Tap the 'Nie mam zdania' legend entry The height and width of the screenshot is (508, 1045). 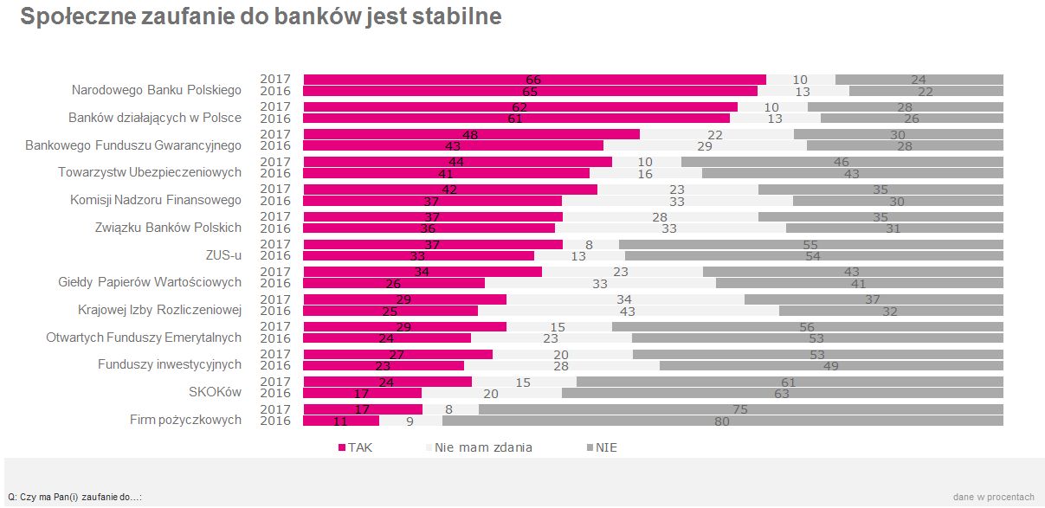(x=483, y=447)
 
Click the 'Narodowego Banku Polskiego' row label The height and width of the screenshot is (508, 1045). (x=156, y=90)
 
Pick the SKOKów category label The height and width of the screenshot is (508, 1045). (x=215, y=392)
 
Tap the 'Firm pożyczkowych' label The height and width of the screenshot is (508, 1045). (x=185, y=420)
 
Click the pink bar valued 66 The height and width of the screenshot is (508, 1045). (x=534, y=80)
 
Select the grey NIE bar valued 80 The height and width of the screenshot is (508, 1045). (x=722, y=421)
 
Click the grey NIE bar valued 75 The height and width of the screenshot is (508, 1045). (x=740, y=409)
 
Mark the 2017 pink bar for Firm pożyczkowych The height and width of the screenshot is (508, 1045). (x=363, y=409)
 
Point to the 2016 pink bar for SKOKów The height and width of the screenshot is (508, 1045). (x=362, y=394)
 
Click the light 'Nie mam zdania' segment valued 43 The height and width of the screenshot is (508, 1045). (x=628, y=311)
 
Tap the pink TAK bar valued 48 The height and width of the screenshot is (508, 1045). (x=471, y=134)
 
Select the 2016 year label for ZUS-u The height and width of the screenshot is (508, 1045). (x=275, y=256)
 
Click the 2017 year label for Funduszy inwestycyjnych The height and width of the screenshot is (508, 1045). (x=275, y=354)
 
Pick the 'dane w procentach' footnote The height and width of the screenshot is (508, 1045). (x=993, y=497)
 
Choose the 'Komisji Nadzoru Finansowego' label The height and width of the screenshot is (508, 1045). (x=156, y=200)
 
